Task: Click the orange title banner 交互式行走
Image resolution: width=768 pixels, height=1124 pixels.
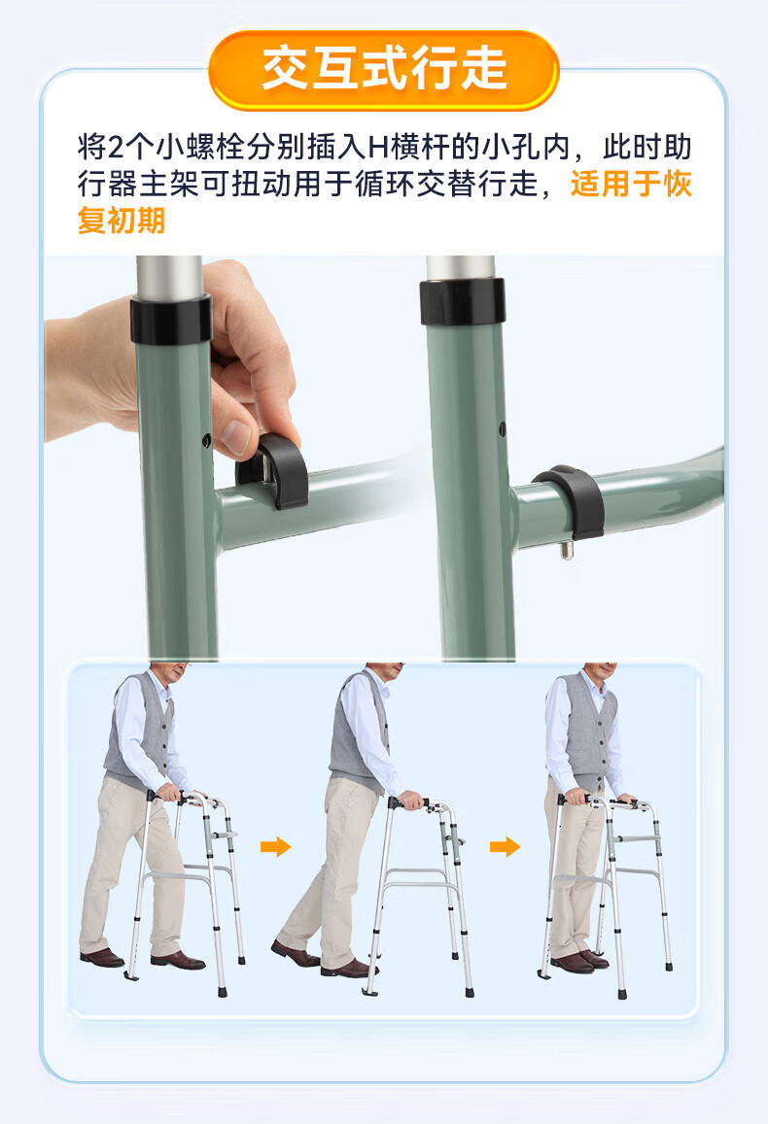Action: coord(384,70)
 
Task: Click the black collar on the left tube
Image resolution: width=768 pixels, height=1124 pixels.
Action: coord(171,319)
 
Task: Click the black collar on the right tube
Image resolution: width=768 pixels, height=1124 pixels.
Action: coord(463,302)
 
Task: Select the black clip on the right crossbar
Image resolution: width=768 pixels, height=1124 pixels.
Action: coord(570,499)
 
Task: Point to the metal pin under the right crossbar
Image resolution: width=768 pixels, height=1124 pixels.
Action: coord(567,549)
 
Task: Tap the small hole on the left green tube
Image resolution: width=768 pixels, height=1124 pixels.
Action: coord(206,440)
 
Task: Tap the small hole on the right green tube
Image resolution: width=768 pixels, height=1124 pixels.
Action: coord(503,429)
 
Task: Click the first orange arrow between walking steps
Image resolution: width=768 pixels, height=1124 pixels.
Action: coord(275,846)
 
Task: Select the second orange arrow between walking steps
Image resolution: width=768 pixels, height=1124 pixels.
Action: coord(505,846)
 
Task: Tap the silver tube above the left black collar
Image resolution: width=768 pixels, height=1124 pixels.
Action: coord(169,276)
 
